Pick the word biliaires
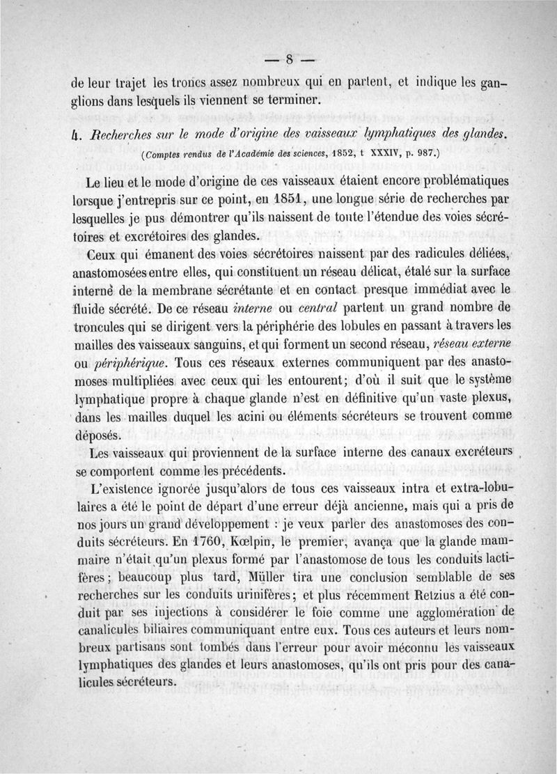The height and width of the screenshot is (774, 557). click(156, 633)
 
